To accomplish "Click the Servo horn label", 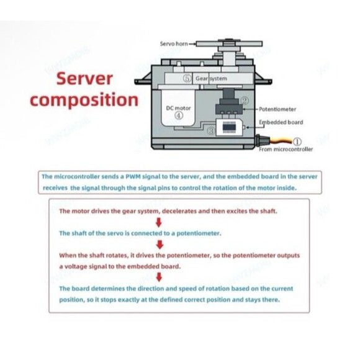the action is [174, 43].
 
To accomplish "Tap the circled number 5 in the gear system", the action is [187, 79].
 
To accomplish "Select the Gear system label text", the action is [211, 79].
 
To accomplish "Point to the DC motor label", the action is [178, 108].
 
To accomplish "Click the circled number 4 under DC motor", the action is [179, 115].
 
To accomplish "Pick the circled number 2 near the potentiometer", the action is [245, 101].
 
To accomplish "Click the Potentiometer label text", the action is [277, 109].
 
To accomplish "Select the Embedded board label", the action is [281, 122].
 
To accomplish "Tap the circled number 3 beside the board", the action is [211, 131].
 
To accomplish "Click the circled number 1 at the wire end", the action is [297, 142].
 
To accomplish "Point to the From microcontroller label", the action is [286, 149].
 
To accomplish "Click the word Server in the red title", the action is [84, 79].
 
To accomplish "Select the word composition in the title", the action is [84, 100].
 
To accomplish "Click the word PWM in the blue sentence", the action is [133, 176].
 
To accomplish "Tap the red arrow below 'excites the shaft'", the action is [159, 222].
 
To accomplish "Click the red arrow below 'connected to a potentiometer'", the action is [160, 245].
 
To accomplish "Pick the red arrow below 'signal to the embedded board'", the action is [159, 277].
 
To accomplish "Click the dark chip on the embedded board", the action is [229, 127].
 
